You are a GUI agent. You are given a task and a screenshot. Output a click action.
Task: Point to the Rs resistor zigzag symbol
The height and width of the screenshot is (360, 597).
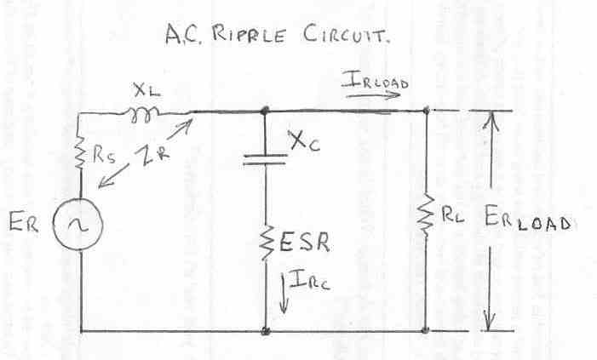[78, 156]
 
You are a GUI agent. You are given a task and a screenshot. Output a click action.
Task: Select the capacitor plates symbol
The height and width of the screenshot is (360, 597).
[265, 161]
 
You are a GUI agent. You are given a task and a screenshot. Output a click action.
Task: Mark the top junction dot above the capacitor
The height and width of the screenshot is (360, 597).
[265, 110]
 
